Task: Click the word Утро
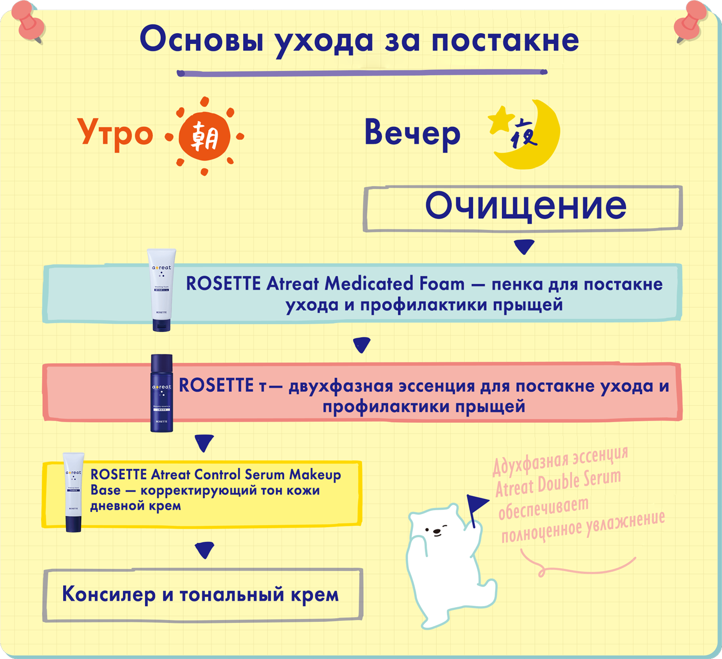(x=115, y=134)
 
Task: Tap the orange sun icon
(x=204, y=136)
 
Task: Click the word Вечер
(x=412, y=134)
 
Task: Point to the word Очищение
(x=526, y=206)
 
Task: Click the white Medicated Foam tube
(x=161, y=290)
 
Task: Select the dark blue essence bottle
(x=162, y=393)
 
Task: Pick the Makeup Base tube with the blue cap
(x=73, y=492)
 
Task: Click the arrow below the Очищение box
(x=525, y=247)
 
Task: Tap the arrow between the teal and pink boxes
(x=362, y=344)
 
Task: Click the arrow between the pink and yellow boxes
(x=204, y=443)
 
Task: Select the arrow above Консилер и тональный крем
(x=204, y=550)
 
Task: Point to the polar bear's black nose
(x=435, y=531)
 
